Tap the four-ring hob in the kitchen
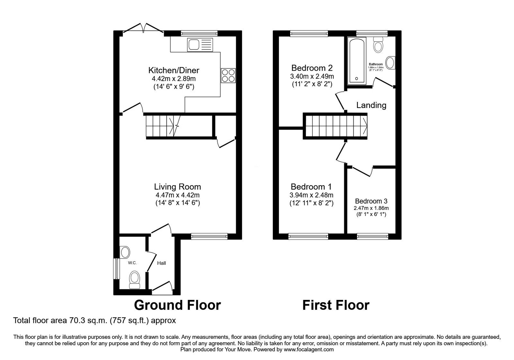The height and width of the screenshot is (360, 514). click(228, 76)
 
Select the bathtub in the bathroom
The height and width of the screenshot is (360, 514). click(356, 60)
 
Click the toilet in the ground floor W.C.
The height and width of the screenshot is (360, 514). click(134, 279)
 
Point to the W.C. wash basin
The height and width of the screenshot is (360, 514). click(124, 252)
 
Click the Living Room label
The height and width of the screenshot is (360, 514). click(177, 187)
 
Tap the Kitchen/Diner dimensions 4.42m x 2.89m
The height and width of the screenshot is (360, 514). click(173, 79)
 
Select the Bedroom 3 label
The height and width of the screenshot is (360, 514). click(371, 201)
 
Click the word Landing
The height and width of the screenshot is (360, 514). click(371, 105)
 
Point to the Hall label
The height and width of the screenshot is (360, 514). click(161, 263)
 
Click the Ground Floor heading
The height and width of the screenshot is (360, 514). click(177, 305)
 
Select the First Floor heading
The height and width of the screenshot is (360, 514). click(336, 305)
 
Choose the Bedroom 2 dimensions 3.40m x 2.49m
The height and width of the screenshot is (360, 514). click(312, 76)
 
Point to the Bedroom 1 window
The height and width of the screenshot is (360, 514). click(308, 237)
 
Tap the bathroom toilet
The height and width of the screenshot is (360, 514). click(378, 45)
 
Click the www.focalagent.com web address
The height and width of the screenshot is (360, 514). click(308, 349)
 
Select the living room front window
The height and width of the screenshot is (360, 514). click(209, 237)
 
